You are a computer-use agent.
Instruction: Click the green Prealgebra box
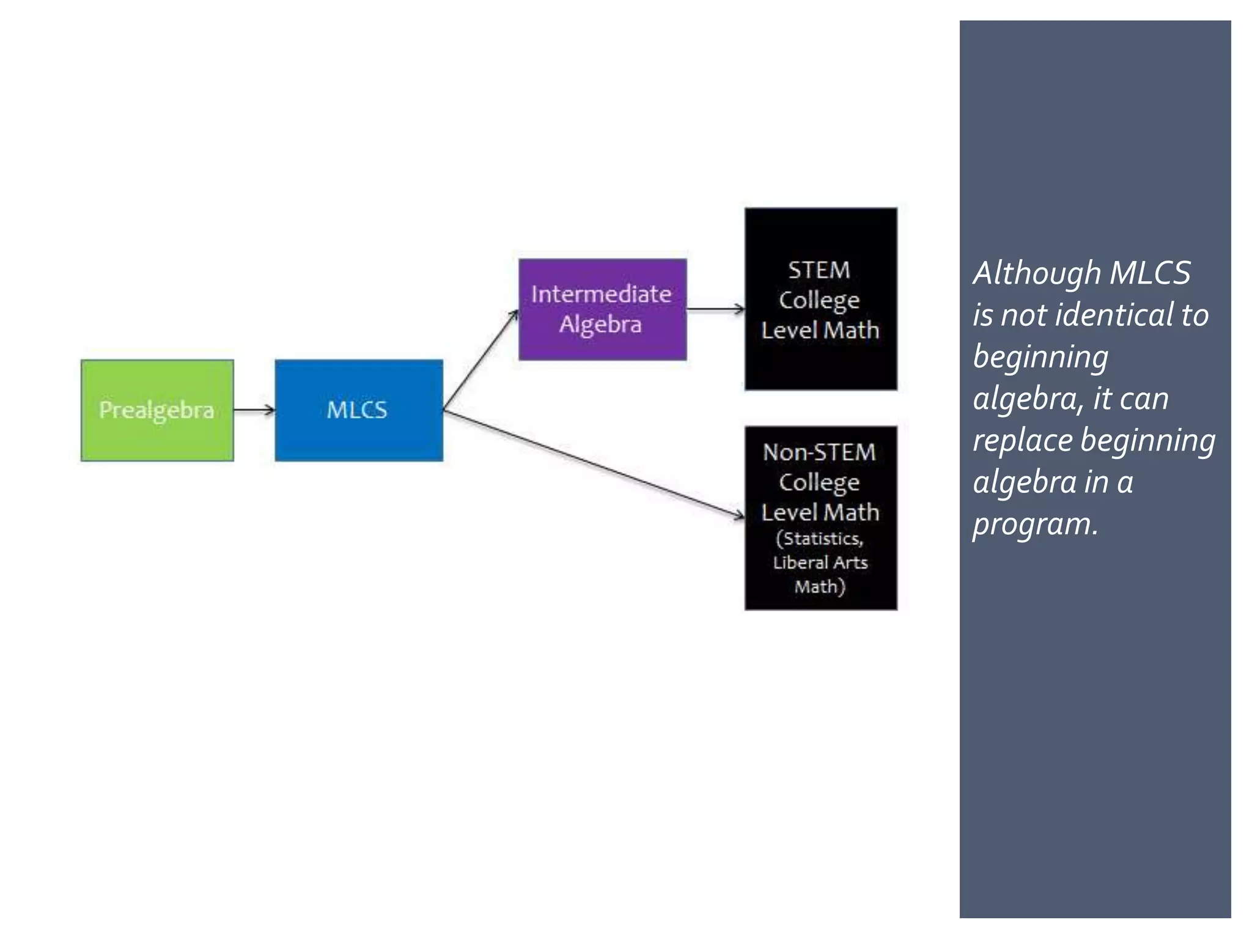(x=156, y=410)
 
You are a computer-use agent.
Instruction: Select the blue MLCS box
(x=359, y=410)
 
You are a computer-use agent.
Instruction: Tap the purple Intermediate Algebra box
(x=602, y=309)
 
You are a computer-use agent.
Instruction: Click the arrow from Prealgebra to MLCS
(x=254, y=410)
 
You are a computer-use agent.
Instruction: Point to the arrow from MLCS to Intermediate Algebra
(x=481, y=360)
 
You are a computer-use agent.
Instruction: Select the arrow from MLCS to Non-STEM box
(x=593, y=464)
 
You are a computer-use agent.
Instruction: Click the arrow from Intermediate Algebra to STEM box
(x=715, y=309)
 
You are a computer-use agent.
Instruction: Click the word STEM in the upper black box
(x=819, y=270)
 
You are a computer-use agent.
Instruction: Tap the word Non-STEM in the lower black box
(x=819, y=452)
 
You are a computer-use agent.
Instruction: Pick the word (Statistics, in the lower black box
(x=819, y=539)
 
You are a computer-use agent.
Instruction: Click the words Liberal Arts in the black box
(x=820, y=562)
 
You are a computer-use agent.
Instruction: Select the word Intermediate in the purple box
(x=601, y=294)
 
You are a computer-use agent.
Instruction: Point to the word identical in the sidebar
(x=1116, y=315)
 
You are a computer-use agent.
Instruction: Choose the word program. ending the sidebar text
(x=1035, y=525)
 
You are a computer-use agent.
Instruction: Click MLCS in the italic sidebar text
(x=1149, y=273)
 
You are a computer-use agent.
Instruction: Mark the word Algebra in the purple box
(x=600, y=325)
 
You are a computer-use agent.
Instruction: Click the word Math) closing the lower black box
(x=820, y=587)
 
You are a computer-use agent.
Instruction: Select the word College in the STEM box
(x=819, y=300)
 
